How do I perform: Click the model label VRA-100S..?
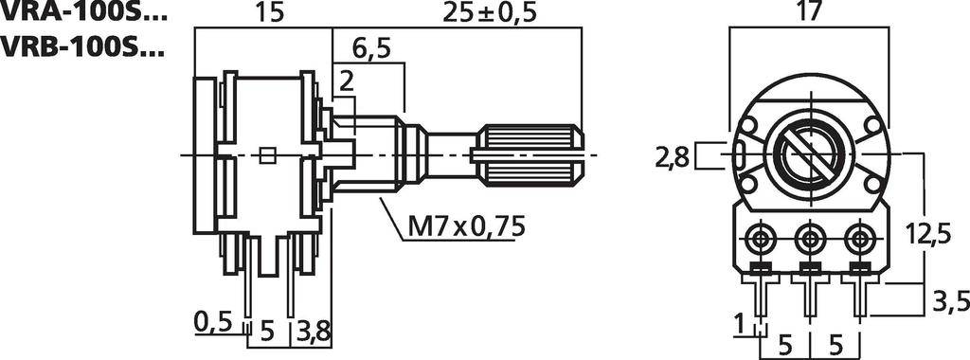[x=83, y=13]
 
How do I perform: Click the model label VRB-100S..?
[x=83, y=45]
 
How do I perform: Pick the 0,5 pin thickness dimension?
[x=213, y=322]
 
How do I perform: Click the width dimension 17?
[x=808, y=13]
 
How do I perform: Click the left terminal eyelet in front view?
[x=762, y=235]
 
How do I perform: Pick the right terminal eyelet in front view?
[x=858, y=235]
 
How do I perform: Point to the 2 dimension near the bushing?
[x=346, y=82]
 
